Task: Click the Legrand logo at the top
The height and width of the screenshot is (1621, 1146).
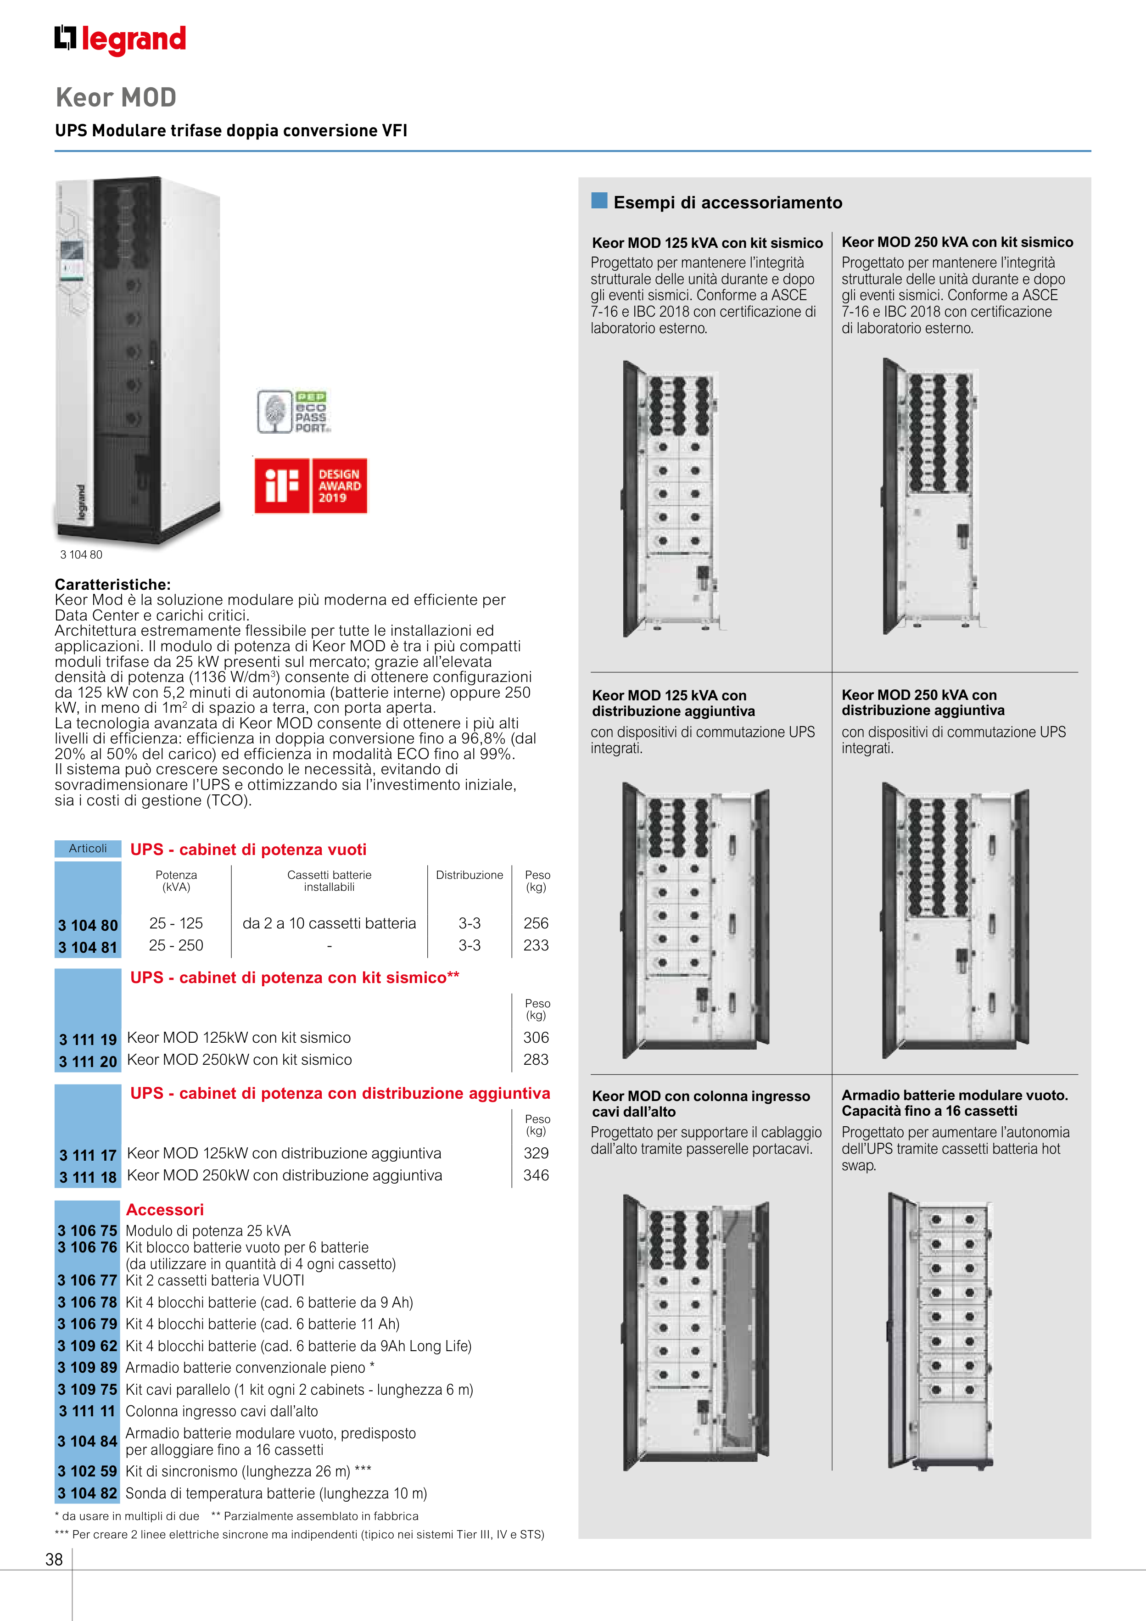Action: tap(120, 39)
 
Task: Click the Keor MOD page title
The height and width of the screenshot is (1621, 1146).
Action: tap(116, 97)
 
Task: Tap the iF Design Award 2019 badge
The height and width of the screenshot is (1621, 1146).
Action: tap(311, 486)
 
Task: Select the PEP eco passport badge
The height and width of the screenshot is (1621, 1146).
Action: tap(293, 412)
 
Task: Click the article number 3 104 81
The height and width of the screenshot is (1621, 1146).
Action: tap(88, 947)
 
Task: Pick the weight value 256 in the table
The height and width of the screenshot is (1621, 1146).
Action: tap(536, 923)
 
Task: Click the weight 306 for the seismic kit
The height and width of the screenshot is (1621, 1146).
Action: tap(536, 1038)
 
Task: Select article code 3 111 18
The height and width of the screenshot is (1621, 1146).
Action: tap(88, 1177)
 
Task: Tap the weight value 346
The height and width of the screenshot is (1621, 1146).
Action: tap(536, 1175)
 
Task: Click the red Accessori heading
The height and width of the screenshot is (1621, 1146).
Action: tap(164, 1209)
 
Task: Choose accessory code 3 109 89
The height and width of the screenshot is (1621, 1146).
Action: tap(88, 1368)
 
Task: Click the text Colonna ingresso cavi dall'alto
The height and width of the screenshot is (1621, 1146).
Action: tap(222, 1411)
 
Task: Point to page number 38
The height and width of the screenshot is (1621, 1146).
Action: tap(54, 1560)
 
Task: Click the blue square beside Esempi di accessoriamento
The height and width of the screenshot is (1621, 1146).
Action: tap(599, 201)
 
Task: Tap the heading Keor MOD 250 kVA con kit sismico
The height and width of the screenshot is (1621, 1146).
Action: tap(957, 242)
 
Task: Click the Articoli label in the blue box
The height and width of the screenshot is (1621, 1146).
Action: tap(88, 849)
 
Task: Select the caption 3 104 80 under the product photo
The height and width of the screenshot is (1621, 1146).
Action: tap(81, 555)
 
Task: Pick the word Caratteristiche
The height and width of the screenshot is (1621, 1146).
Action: tap(113, 585)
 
